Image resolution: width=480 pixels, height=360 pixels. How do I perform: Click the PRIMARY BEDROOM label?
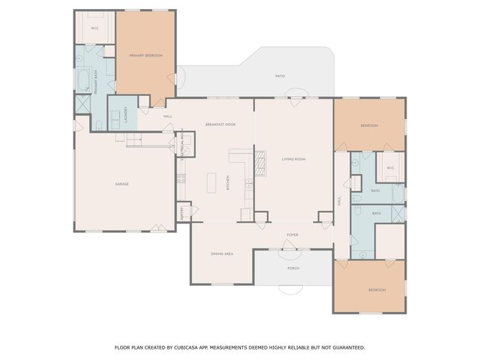pyautogui.click(x=145, y=55)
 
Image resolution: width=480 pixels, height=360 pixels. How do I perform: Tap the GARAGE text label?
pyautogui.click(x=121, y=184)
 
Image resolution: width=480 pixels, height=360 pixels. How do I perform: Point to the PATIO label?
pyautogui.click(x=280, y=76)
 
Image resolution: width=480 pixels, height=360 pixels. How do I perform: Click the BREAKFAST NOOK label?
pyautogui.click(x=220, y=124)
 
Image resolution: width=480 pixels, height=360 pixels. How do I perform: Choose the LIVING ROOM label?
pyautogui.click(x=293, y=159)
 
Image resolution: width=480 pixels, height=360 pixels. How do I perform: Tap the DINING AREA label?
pyautogui.click(x=223, y=253)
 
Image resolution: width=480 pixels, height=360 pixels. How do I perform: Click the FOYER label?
pyautogui.click(x=292, y=235)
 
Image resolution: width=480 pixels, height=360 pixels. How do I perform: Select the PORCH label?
pyautogui.click(x=293, y=268)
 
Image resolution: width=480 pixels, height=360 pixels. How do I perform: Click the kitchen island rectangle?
pyautogui.click(x=211, y=182)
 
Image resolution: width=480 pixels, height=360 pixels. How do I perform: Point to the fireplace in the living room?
pyautogui.click(x=260, y=162)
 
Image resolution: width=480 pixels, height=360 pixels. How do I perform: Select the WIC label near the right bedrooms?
pyautogui.click(x=390, y=167)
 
